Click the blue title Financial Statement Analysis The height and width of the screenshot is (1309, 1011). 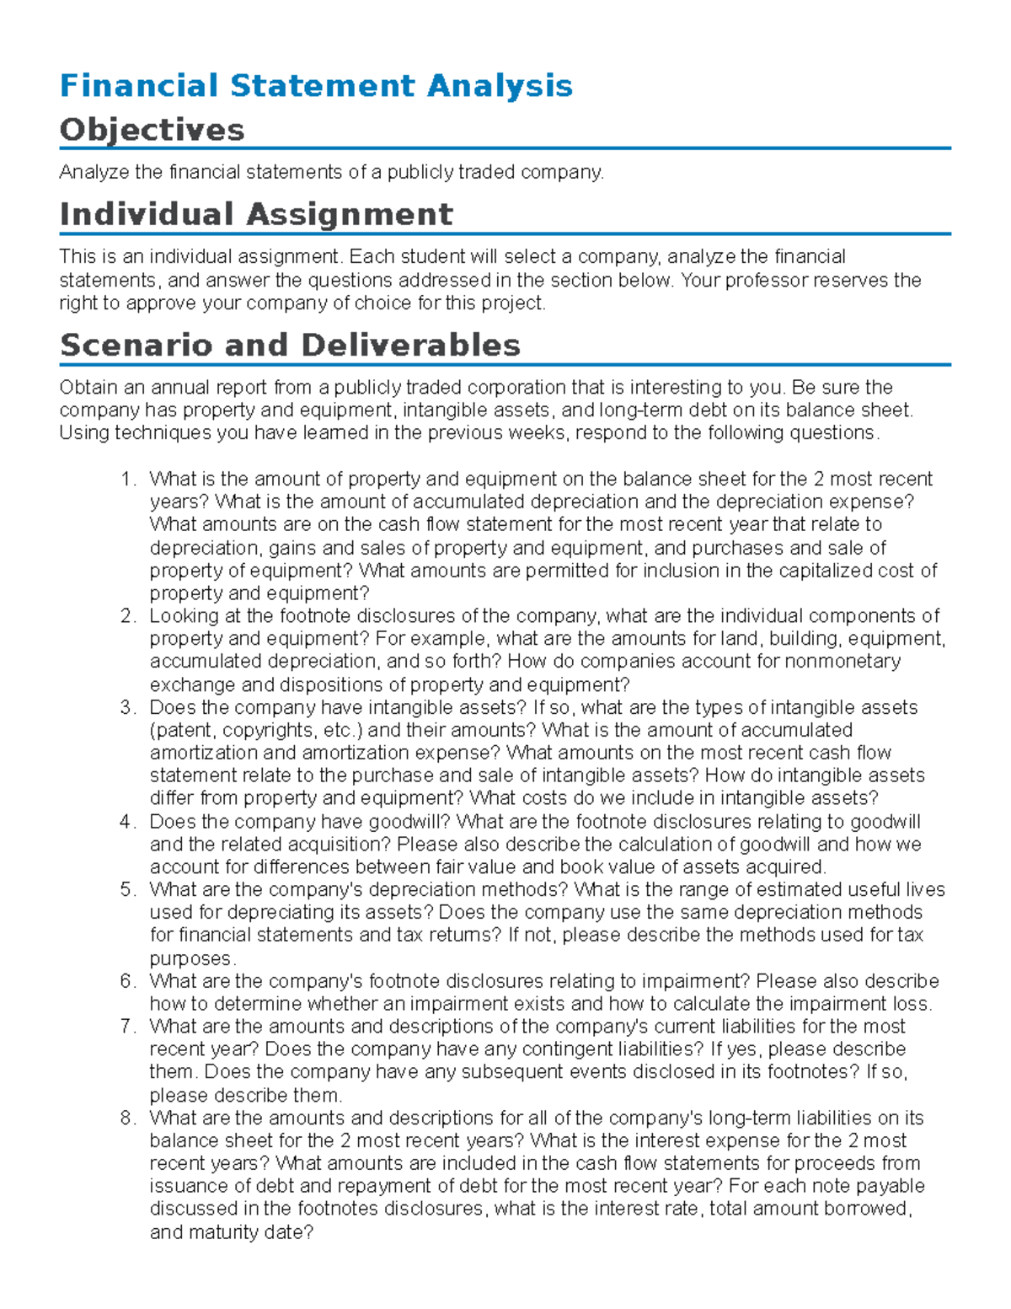pos(316,86)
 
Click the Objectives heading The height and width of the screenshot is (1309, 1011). pos(152,130)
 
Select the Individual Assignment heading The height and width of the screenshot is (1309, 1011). pos(256,214)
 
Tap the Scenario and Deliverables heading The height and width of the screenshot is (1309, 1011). pos(290,345)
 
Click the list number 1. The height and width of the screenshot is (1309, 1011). pos(127,479)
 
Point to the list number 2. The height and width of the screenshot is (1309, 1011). pos(127,616)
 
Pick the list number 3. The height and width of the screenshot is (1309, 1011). pos(127,707)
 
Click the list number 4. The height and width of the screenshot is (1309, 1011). pos(127,822)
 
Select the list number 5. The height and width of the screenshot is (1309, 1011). pos(127,890)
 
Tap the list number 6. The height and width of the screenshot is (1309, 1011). pos(127,981)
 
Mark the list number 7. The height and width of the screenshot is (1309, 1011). pos(127,1027)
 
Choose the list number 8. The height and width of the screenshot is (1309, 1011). pos(127,1119)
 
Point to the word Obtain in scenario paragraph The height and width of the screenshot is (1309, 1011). pos(87,388)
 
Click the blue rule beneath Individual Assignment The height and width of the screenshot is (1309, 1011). pos(505,233)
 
